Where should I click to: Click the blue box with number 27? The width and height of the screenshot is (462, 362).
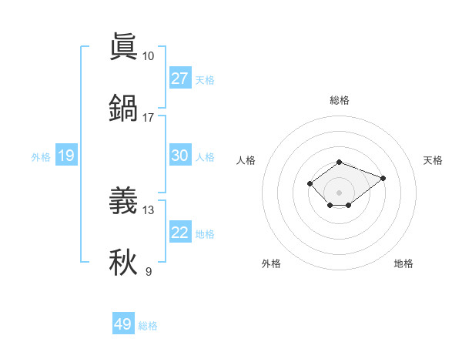point(179,79)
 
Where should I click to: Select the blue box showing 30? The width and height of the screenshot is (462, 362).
point(179,156)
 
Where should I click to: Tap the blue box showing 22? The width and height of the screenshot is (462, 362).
point(179,233)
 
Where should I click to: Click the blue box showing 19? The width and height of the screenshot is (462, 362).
point(65,156)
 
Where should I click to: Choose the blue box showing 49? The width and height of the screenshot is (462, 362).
point(122,324)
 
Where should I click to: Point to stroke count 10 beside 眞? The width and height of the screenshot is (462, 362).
point(148,56)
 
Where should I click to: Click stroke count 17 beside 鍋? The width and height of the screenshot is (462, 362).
point(148,118)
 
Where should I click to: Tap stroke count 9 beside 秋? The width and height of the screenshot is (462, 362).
point(148,272)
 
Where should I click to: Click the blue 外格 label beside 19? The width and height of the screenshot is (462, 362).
point(41,157)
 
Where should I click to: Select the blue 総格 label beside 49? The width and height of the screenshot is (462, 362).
point(148,326)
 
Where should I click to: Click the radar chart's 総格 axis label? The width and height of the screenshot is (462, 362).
point(340,100)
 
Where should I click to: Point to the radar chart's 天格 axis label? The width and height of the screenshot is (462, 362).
point(434,160)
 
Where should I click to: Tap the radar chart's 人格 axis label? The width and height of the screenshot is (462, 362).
point(246,160)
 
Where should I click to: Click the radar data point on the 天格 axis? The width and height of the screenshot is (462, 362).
point(383,178)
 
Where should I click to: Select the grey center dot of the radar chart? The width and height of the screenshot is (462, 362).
point(340,193)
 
